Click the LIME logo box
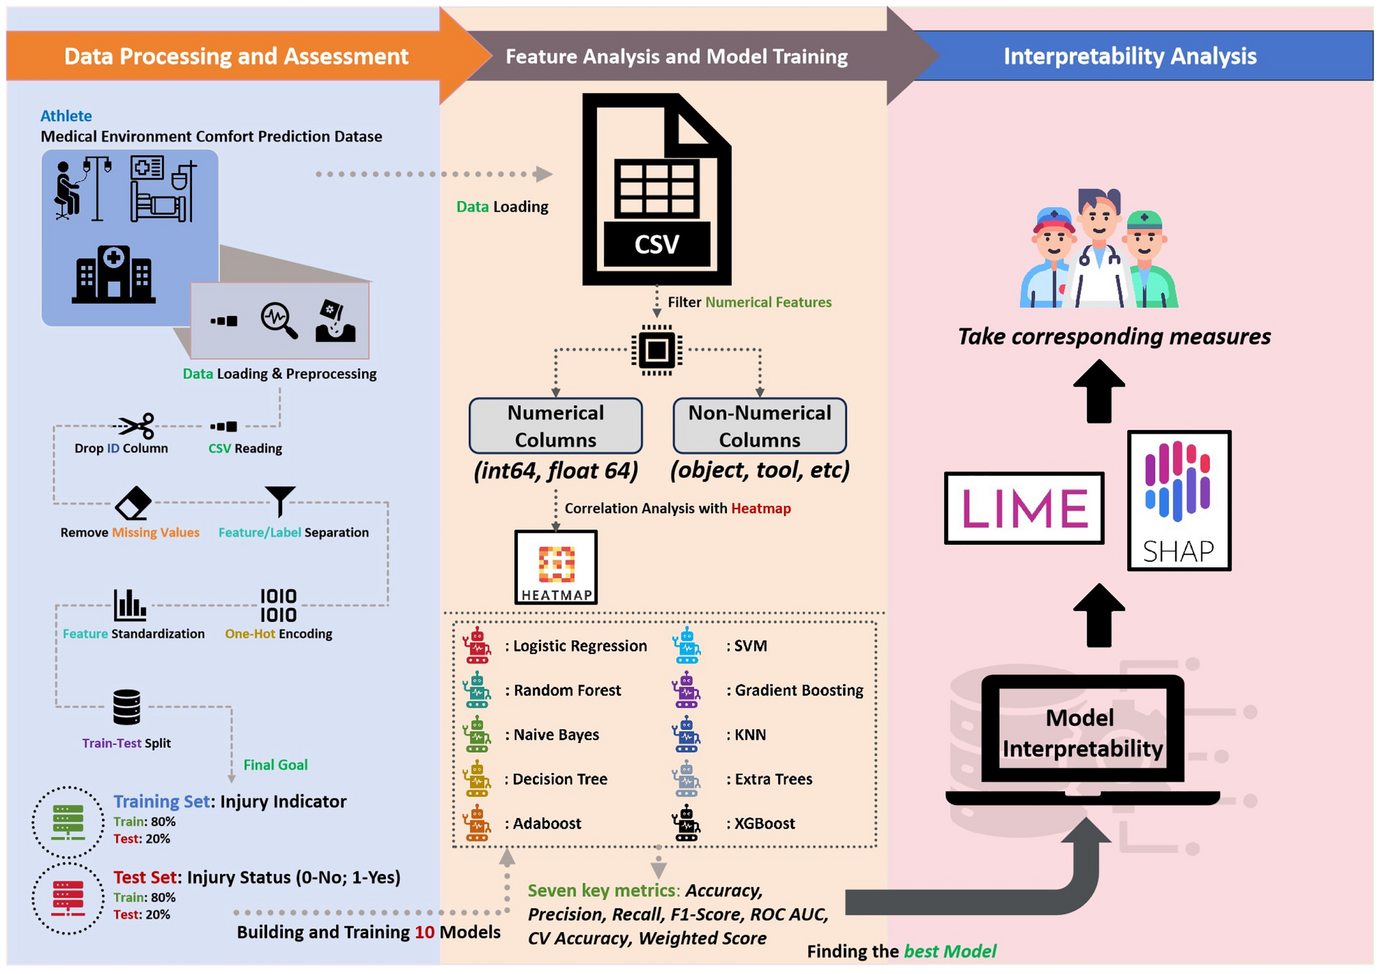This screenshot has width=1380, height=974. click(x=1024, y=508)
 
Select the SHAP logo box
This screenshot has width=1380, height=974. click(x=1179, y=501)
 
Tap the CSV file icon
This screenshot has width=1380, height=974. click(x=657, y=190)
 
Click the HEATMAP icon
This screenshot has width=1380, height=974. click(x=556, y=567)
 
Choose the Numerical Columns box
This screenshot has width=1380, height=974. click(x=556, y=426)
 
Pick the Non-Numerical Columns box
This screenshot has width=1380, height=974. click(x=759, y=426)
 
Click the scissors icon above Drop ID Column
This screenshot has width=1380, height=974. click(x=136, y=426)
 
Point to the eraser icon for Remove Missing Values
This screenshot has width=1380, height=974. click(x=133, y=504)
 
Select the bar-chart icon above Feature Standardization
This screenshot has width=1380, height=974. click(x=129, y=605)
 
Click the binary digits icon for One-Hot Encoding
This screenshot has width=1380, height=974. click(x=278, y=605)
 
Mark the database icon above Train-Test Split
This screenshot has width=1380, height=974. click(x=127, y=707)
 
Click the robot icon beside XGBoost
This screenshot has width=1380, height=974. click(x=686, y=823)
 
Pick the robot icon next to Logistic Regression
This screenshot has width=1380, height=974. click(x=477, y=645)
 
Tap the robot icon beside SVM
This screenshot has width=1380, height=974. click(x=686, y=645)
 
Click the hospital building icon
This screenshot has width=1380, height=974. click(x=113, y=275)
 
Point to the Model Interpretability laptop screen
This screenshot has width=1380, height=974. click(x=1082, y=733)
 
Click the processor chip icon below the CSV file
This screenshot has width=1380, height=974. click(x=657, y=350)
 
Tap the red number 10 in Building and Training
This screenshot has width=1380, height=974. click(x=424, y=932)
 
